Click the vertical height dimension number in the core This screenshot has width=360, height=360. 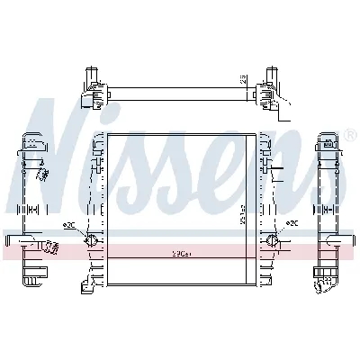[x=242, y=216]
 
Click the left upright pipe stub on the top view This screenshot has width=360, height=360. [x=90, y=72]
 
